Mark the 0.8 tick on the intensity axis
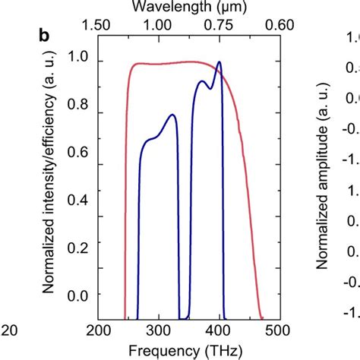pyautogui.click(x=77, y=107)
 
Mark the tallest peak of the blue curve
pyautogui.click(x=219, y=62)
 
